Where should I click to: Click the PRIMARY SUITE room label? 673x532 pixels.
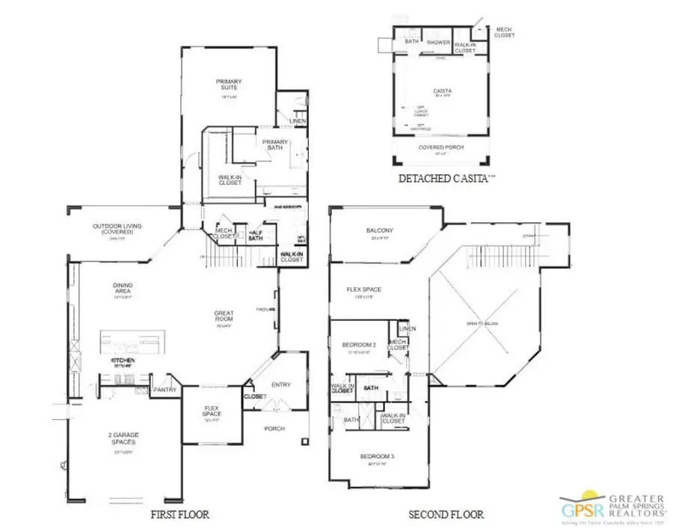coord(229,85)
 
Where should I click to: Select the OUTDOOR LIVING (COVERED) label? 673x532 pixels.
coord(117,229)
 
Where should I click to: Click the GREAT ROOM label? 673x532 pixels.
coord(224,317)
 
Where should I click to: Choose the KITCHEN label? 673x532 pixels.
coord(123,361)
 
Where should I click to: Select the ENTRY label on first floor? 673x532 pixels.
coord(281,385)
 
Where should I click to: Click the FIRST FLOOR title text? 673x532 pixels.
coord(179,514)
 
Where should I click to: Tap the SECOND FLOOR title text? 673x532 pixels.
coord(446,514)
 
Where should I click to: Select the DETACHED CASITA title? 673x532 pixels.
coord(443,178)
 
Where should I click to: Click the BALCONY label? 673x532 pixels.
coord(380,230)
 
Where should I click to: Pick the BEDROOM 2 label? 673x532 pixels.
coord(358,345)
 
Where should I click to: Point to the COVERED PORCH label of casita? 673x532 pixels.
coord(441,147)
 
